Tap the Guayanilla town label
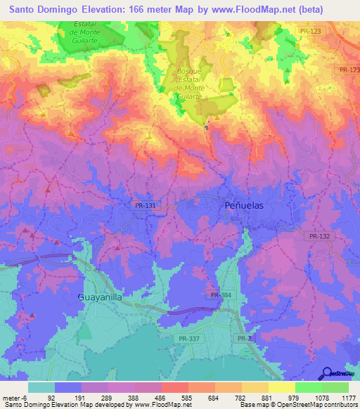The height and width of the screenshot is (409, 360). point(100,297)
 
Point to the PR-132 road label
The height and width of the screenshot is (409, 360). point(319,237)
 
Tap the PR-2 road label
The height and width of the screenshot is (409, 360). point(243,338)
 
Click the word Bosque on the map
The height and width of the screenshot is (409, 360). point(190,72)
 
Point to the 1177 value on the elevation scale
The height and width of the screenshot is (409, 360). point(349,397)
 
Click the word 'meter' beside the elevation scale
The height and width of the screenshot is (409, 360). point(10,397)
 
